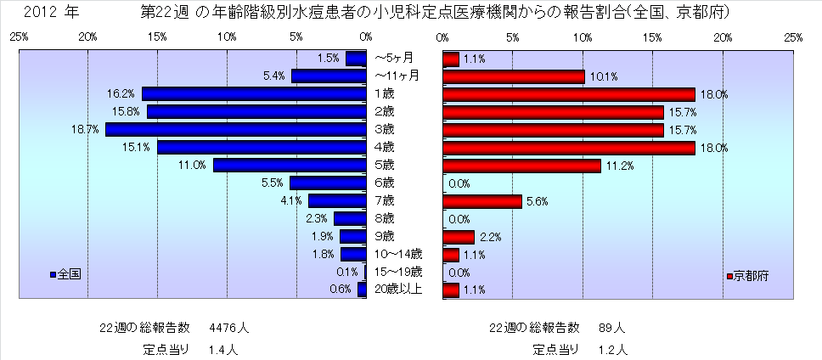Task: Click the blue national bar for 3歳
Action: coord(235,130)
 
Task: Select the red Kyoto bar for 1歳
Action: coord(568,94)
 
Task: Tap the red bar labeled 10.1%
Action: coord(513,76)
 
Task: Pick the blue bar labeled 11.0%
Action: coord(290,166)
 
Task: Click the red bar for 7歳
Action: coord(481,201)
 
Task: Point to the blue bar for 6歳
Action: coord(328,183)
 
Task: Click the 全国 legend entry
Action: coord(67,277)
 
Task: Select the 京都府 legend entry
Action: coord(750,277)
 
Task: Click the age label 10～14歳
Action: coord(398,255)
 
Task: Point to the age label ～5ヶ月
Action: coord(394,59)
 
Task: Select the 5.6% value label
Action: coord(537,201)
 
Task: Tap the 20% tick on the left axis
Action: coord(87,38)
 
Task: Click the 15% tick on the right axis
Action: coord(653,38)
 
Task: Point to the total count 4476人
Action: coord(229,327)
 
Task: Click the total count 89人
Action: coord(611,327)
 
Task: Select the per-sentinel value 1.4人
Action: coord(222,348)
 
